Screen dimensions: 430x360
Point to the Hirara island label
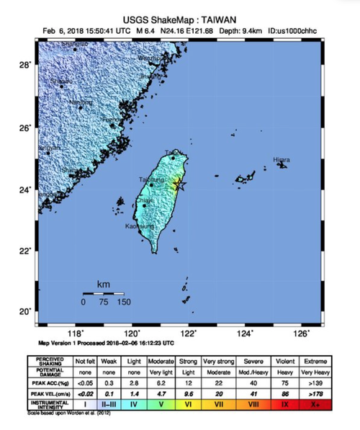click(x=282, y=160)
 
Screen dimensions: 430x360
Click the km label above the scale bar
click(x=104, y=286)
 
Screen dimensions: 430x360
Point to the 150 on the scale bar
click(x=123, y=303)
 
